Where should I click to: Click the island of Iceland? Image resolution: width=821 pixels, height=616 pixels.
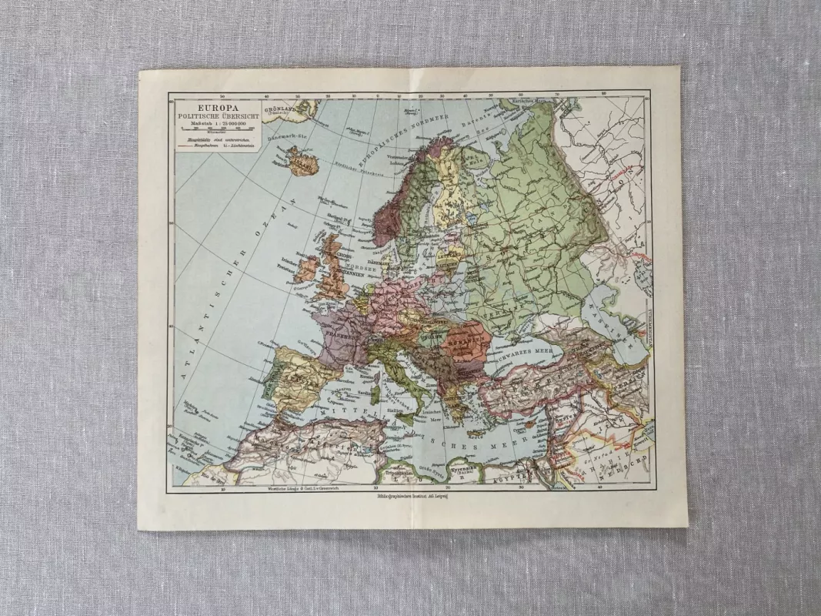tap(302, 160)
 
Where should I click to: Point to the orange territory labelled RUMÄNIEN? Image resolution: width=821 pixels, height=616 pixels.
tap(464, 340)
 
